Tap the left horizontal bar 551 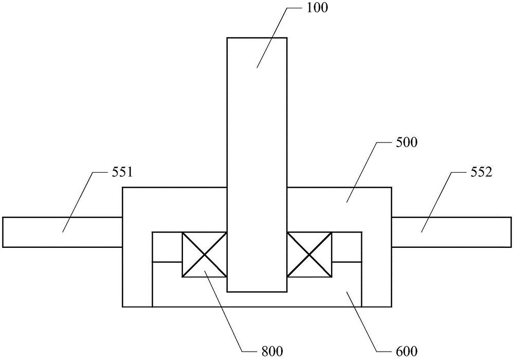(x=62, y=232)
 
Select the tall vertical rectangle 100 (x=257, y=129)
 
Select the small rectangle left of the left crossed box (x=167, y=247)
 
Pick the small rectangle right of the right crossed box (x=347, y=247)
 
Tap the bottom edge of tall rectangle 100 (x=257, y=292)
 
